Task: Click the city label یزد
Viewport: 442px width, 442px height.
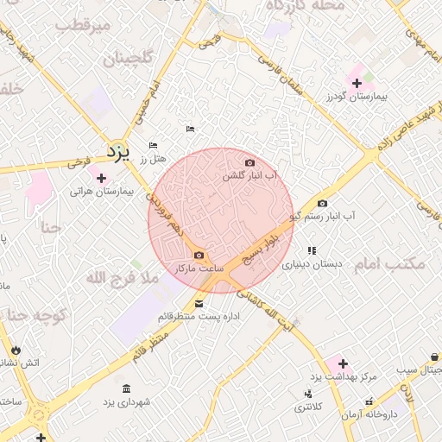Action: pos(117,152)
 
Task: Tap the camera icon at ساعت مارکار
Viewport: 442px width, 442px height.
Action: pos(199,255)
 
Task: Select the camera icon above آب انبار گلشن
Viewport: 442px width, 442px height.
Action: pos(249,162)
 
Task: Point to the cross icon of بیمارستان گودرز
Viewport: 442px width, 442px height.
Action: pos(357,83)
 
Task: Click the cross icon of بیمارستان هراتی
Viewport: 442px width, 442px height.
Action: pos(102,178)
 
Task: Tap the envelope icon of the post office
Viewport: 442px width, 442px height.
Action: pos(199,303)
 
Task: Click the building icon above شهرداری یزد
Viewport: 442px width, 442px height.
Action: pos(127,388)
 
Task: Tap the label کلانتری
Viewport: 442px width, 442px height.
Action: pos(306,406)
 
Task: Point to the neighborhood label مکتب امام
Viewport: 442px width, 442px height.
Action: pos(389,263)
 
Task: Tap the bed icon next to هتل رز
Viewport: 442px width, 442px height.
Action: pos(153,145)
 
